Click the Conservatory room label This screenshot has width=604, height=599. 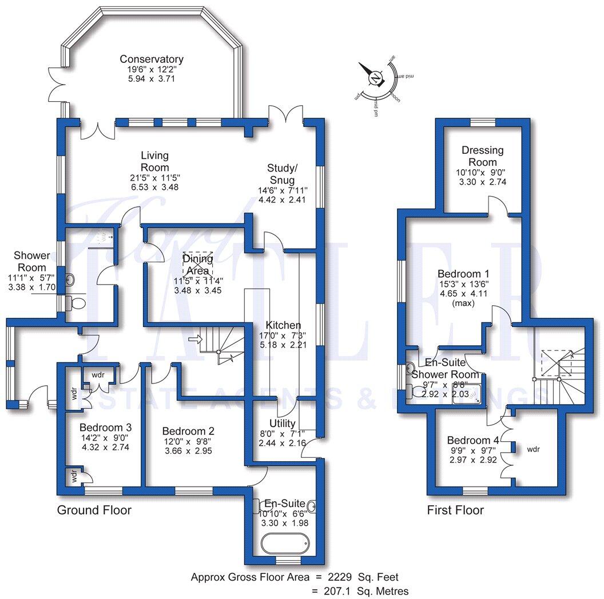(x=152, y=59)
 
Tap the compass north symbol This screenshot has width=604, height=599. (x=375, y=78)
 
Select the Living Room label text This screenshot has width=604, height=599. (x=155, y=161)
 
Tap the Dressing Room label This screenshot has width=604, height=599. (x=483, y=156)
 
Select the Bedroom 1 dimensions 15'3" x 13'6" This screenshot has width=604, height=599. (x=463, y=284)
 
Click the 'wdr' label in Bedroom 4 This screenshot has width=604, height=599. (x=533, y=449)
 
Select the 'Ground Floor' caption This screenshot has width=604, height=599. (x=94, y=510)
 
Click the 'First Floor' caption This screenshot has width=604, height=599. (x=455, y=510)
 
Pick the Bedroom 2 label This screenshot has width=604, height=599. (x=188, y=431)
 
